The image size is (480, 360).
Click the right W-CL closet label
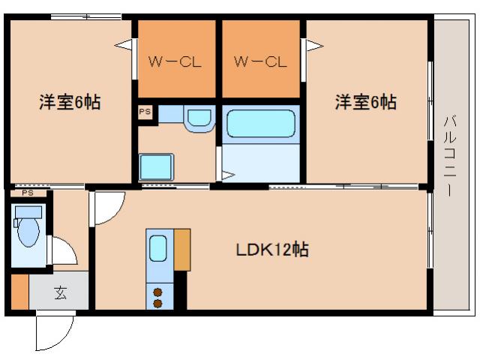coord(260,61)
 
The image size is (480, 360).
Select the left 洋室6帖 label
coord(70,103)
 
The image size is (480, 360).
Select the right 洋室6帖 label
coord(365,103)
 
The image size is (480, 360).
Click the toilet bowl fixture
coord(28,232)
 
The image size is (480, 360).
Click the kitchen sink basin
coord(157,247)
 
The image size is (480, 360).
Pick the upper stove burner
coord(158,292)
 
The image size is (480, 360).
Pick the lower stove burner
coord(158,303)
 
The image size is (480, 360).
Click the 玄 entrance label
coord(60,292)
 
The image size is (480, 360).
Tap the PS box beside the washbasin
coord(145,112)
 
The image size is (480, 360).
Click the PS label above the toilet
coord(28,193)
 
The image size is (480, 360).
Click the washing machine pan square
coord(157,166)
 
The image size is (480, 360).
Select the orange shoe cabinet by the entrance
coord(19,292)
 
